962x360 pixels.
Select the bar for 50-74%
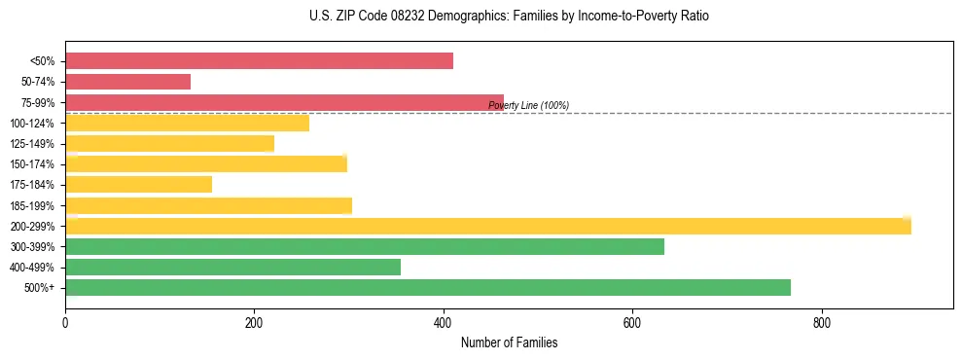point(127,82)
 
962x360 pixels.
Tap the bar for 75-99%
point(284,102)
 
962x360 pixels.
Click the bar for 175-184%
point(138,185)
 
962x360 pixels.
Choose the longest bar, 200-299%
point(487,226)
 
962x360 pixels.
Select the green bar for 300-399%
point(365,246)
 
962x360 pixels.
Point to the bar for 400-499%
point(232,267)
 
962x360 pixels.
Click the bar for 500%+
point(428,287)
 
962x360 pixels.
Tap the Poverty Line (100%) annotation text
point(528,105)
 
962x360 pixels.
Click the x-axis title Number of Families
point(509,342)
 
